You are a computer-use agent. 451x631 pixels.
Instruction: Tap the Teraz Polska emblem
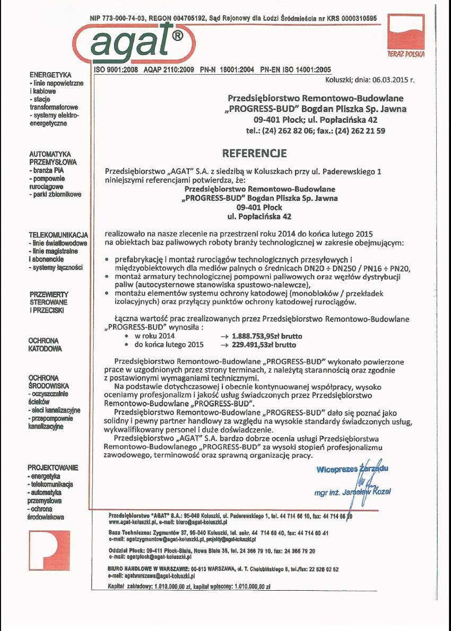(406, 37)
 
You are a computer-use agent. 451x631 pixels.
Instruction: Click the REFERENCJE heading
(255, 154)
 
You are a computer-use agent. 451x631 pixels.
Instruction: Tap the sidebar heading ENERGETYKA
(51, 75)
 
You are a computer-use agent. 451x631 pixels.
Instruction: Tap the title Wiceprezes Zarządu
(352, 469)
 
